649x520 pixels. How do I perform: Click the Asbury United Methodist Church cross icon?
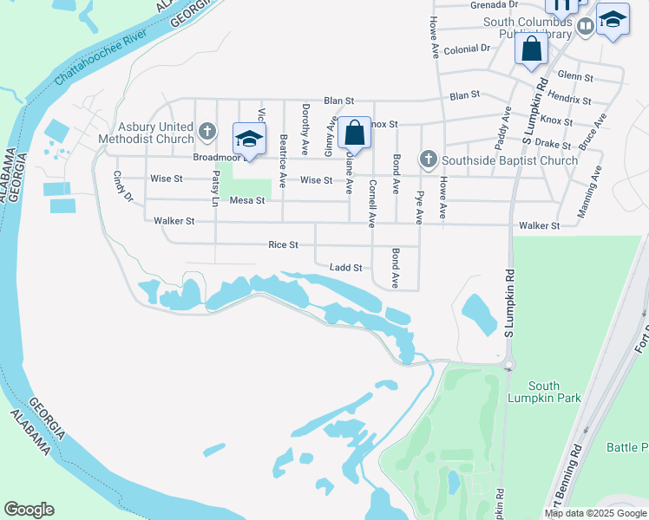(x=206, y=131)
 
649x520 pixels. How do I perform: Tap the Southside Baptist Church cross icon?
(x=427, y=159)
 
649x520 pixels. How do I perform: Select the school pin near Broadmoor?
(x=249, y=140)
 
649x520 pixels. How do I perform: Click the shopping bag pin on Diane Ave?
(x=354, y=134)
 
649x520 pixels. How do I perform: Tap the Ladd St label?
(x=345, y=269)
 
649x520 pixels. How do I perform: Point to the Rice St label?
(x=284, y=245)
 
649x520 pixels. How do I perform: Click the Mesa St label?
(x=246, y=201)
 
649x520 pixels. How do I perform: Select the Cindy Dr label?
(x=122, y=185)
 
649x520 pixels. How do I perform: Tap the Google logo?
(x=29, y=510)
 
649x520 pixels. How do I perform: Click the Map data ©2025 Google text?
(x=594, y=513)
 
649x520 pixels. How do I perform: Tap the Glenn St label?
(x=575, y=76)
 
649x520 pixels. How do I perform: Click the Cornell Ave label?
(x=371, y=204)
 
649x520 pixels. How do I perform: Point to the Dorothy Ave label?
(x=305, y=124)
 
